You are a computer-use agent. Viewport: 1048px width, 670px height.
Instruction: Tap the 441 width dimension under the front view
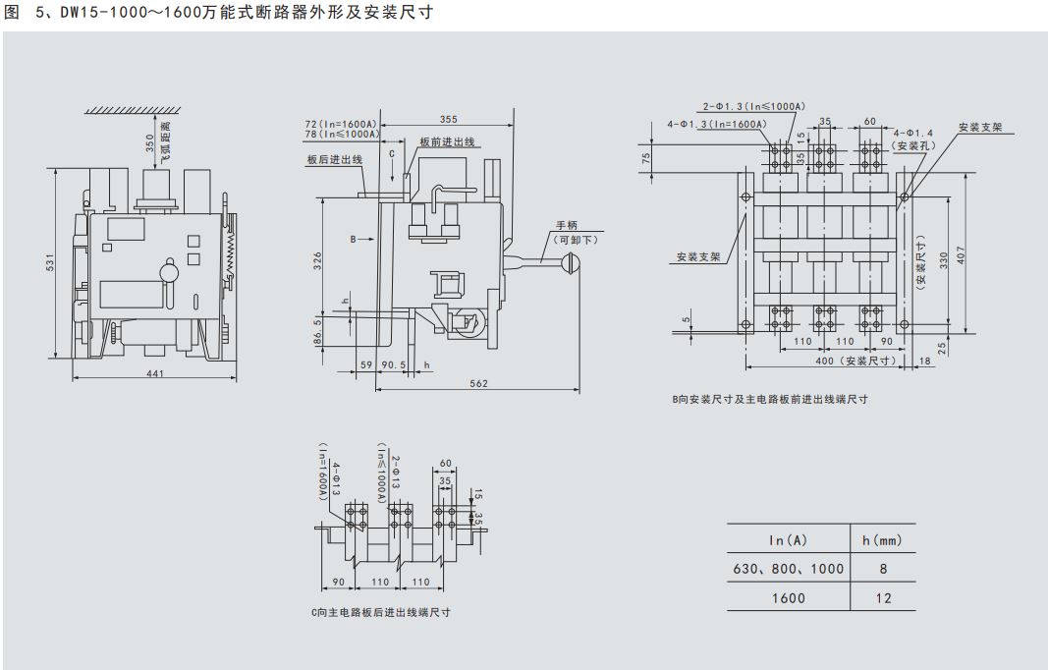coord(156,373)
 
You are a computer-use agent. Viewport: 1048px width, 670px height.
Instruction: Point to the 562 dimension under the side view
coord(477,384)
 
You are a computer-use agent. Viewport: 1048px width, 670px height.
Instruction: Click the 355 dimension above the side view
coord(448,119)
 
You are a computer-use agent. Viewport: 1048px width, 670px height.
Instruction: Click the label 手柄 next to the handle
coord(567,225)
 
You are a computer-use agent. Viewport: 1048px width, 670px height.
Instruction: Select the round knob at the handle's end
coord(570,261)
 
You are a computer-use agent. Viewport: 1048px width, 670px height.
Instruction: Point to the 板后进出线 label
coord(334,158)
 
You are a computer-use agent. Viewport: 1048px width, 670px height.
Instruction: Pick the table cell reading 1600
coord(788,597)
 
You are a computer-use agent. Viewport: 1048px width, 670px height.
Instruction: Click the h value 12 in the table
coord(882,597)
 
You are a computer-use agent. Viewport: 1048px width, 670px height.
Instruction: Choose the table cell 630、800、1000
coord(788,569)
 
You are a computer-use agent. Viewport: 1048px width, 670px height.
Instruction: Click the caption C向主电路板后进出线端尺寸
coord(379,611)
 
